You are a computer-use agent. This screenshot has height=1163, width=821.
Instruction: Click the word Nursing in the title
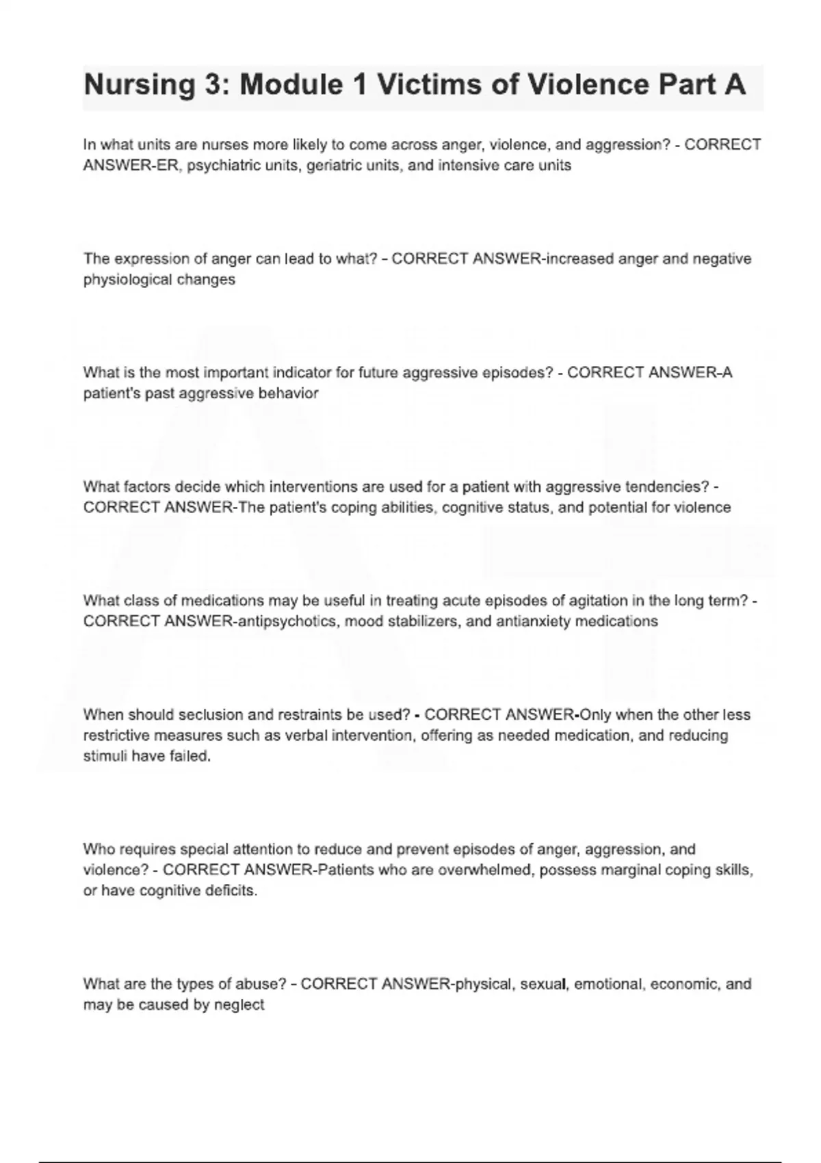point(139,85)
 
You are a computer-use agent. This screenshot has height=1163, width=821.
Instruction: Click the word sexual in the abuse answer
point(543,984)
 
